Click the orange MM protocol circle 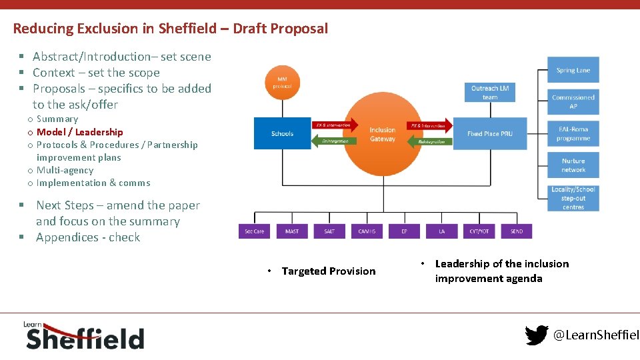point(282,83)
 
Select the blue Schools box point(282,133)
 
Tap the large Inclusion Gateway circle point(382,134)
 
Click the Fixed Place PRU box point(489,133)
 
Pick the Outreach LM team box point(489,93)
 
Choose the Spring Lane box point(573,71)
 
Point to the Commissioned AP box point(573,101)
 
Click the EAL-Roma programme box point(573,133)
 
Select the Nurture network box point(573,165)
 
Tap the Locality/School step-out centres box point(573,198)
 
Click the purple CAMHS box point(367,231)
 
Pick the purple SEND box point(516,231)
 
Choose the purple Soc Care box point(254,231)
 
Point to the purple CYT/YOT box point(479,231)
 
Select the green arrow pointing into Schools point(335,141)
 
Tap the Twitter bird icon point(537,335)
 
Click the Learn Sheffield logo point(83,335)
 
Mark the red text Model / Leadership point(79,132)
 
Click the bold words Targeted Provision point(329,271)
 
